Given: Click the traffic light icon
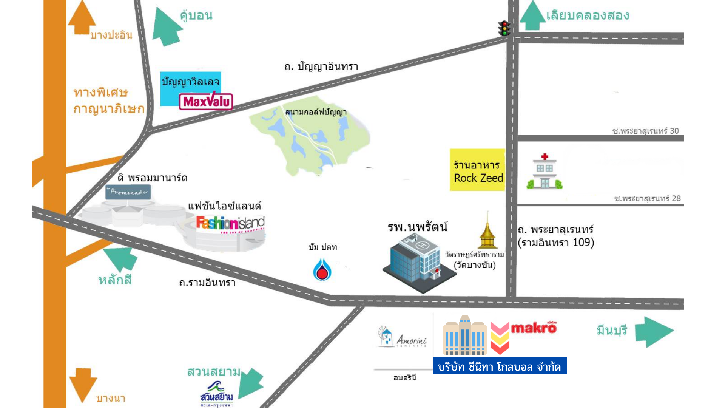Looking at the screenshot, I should tap(504, 28).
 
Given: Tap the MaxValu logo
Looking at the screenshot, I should tap(206, 101).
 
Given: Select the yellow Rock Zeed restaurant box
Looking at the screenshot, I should tap(478, 170).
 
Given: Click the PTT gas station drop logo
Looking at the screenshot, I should tap(322, 270).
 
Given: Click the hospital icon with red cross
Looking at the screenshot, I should tap(544, 172).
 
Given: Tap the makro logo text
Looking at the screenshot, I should tap(534, 328).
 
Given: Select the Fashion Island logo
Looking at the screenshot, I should tap(230, 224).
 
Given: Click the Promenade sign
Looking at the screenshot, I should tap(128, 192).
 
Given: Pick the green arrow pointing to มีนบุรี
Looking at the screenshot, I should tap(654, 331).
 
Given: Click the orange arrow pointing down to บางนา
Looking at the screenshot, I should tap(83, 384).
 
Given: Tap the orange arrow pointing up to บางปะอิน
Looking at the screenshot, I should tap(82, 18).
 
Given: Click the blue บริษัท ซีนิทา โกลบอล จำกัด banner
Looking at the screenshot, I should tap(500, 366).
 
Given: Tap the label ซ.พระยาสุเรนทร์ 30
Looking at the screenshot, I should tap(645, 131).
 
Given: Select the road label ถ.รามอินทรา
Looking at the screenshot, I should tap(207, 283).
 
